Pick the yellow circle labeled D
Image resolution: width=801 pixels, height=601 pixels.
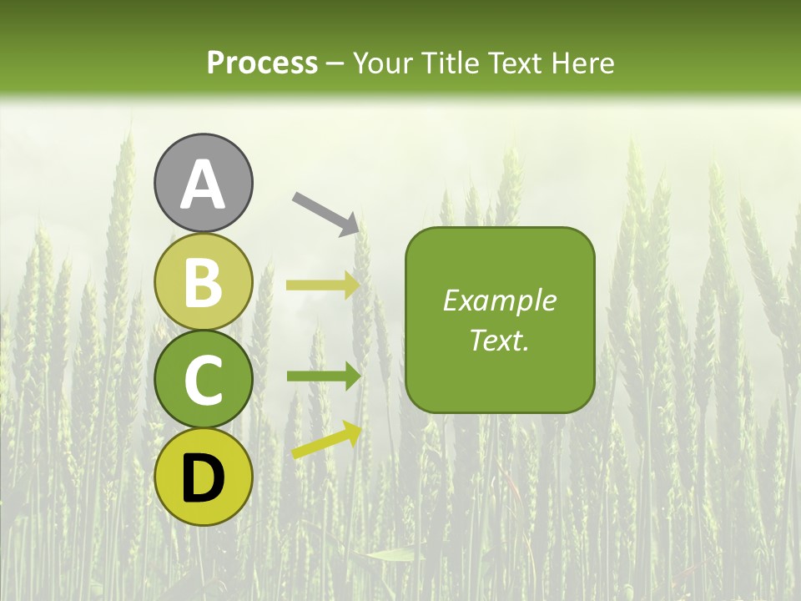click(x=204, y=477)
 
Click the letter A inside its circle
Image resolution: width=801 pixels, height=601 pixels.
click(x=204, y=184)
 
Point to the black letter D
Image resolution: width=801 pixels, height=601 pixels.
click(x=204, y=479)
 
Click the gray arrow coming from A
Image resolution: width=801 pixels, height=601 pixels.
click(x=325, y=214)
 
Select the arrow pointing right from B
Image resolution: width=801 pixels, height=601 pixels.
click(x=322, y=285)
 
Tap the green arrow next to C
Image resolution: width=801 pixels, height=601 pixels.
click(x=322, y=376)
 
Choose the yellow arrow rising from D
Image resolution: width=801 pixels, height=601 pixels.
click(x=325, y=441)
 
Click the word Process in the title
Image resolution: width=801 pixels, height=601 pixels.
click(x=262, y=63)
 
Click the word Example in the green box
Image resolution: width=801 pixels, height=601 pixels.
click(x=499, y=300)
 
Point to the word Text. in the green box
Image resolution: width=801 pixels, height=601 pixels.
click(x=499, y=340)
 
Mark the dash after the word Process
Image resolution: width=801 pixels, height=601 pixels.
click(x=335, y=63)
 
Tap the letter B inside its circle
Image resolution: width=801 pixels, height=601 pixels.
click(x=204, y=282)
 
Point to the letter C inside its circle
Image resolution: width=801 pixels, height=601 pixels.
click(x=204, y=381)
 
